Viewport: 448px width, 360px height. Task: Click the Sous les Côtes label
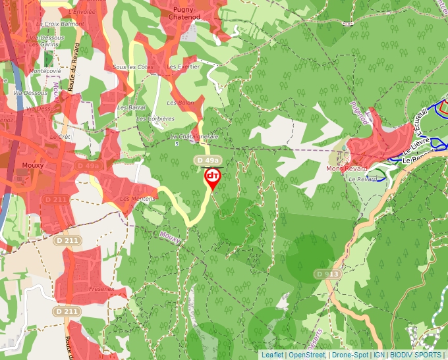[x=133, y=67]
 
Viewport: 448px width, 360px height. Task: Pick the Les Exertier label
[x=183, y=67]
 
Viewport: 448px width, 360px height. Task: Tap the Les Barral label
[x=132, y=107]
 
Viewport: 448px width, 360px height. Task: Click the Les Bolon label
[x=180, y=103]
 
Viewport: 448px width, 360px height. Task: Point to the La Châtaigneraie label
[x=194, y=136]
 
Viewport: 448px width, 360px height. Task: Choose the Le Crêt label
[x=60, y=137]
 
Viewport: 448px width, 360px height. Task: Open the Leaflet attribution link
[x=271, y=355]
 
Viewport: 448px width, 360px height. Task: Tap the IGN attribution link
[x=379, y=355]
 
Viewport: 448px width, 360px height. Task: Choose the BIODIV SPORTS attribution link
[x=415, y=355]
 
